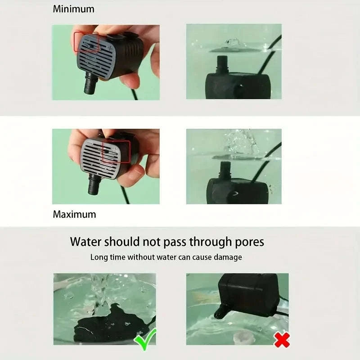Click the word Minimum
[x=74, y=9]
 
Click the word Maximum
[x=74, y=214]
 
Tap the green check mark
[x=145, y=339]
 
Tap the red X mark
[x=282, y=340]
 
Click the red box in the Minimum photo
[x=86, y=42]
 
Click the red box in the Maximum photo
[x=116, y=152]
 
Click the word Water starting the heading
[x=86, y=242]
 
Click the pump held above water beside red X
[x=245, y=295]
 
